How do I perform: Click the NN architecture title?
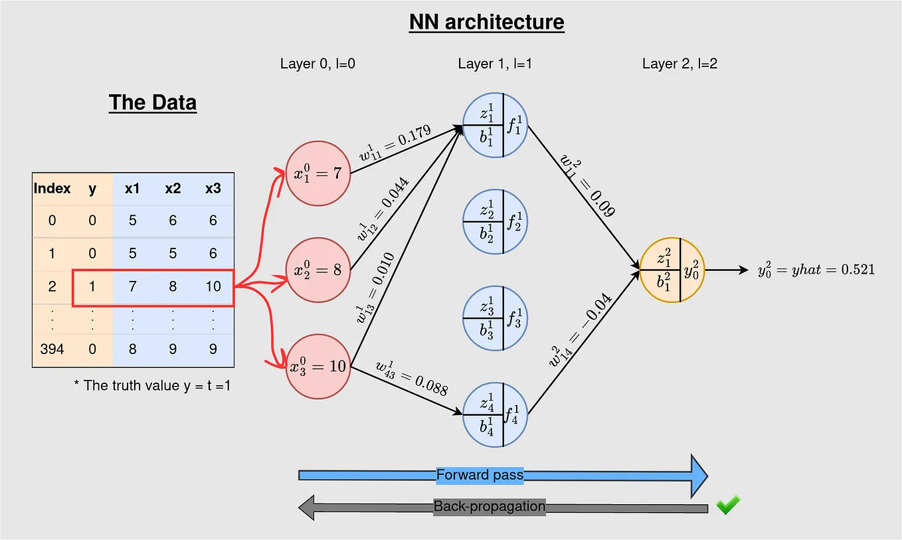tap(486, 22)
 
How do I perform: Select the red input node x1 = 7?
tap(317, 173)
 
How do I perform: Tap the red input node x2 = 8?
tap(317, 270)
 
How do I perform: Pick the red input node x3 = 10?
tap(319, 365)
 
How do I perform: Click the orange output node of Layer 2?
tap(672, 270)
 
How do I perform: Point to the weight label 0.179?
tap(394, 140)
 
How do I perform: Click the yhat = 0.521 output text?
tap(816, 270)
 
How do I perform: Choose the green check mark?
tap(727, 505)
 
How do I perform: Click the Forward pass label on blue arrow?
tap(480, 475)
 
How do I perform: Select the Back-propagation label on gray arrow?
tap(489, 507)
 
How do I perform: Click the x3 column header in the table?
tap(213, 189)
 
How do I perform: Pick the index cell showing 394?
tap(52, 349)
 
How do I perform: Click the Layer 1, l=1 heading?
tap(495, 64)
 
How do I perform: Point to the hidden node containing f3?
tap(495, 318)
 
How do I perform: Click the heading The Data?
tap(152, 103)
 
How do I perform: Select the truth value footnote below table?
tap(152, 385)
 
